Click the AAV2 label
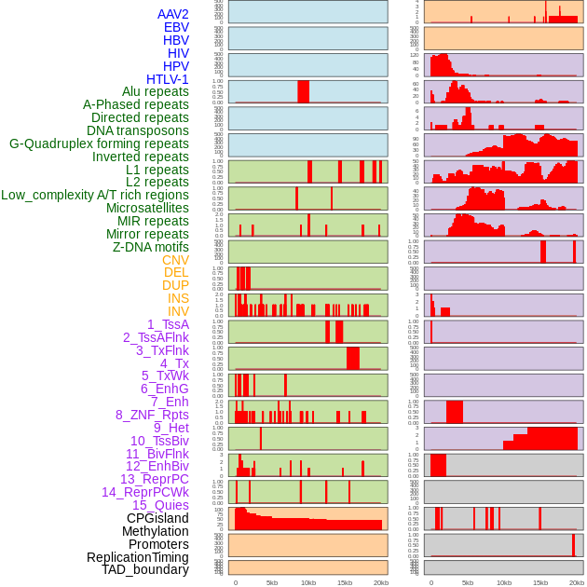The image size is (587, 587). tap(173, 14)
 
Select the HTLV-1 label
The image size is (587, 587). tap(168, 79)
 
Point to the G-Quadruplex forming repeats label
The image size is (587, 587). tap(99, 143)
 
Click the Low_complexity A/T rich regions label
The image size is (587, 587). tap(95, 195)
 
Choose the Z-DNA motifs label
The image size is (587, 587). tap(150, 247)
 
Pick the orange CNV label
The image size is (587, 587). tap(175, 260)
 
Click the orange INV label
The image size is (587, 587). tap(178, 311)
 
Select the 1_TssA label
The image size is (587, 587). tap(168, 324)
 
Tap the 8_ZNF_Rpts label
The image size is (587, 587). tap(152, 415)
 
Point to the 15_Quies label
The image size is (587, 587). tap(159, 505)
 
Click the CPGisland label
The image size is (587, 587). tap(157, 518)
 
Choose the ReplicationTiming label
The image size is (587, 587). tap(137, 557)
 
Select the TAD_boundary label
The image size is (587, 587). tap(145, 569)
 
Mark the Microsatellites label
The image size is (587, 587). tap(147, 208)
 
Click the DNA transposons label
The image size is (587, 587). tap(138, 130)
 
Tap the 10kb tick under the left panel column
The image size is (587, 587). tap(308, 582)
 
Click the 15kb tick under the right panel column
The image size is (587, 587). tap(540, 582)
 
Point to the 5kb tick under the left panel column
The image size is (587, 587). tap(272, 582)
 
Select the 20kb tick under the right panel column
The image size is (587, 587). tap(577, 582)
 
